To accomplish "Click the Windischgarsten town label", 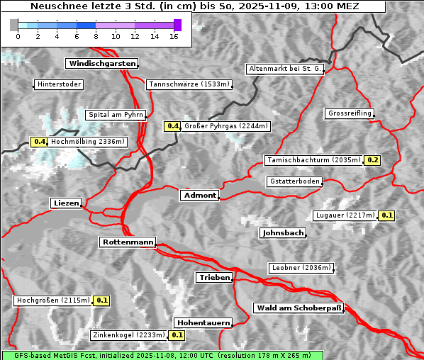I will [x=101, y=64].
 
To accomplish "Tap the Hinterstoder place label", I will [x=59, y=84].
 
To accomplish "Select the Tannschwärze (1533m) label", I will [x=189, y=84].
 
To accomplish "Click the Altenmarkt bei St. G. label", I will [x=285, y=69].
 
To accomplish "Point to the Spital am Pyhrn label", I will [x=116, y=115].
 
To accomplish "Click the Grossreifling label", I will [x=350, y=113].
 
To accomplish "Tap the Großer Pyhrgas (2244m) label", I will [x=225, y=126].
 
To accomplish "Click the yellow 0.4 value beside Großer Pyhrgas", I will [x=172, y=126].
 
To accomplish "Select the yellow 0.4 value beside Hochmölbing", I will [x=39, y=142].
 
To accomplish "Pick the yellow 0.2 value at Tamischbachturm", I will [x=373, y=160].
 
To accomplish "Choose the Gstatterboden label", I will [x=294, y=181].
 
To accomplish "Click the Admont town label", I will [x=199, y=195].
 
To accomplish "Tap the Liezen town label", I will [x=66, y=203].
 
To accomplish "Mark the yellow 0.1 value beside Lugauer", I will [x=386, y=215].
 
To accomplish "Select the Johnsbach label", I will [x=283, y=232].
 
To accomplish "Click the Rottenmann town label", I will [x=128, y=242].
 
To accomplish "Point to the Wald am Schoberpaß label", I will [x=298, y=308].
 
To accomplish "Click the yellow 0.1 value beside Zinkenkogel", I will [x=177, y=335].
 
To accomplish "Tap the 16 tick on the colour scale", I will [x=174, y=36].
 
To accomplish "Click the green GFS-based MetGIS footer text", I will [x=162, y=355].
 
